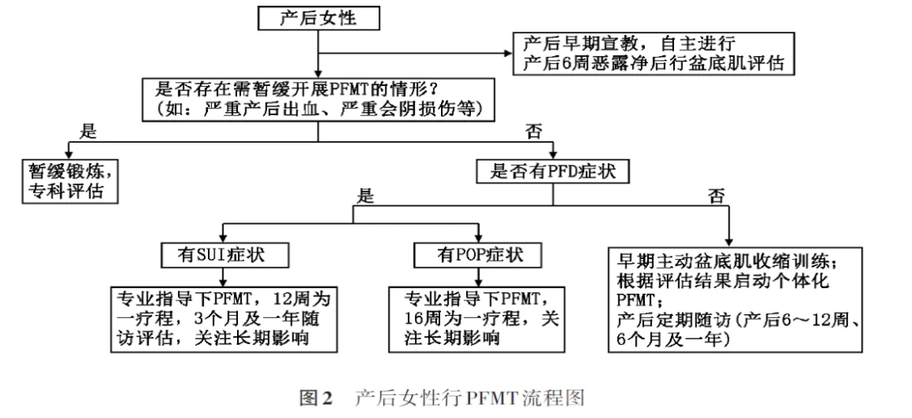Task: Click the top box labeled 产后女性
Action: pos(318,19)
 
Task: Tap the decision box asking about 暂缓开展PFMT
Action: pos(318,99)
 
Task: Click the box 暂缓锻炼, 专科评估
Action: pos(71,181)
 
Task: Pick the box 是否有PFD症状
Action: pos(552,171)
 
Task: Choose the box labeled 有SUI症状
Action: pos(224,255)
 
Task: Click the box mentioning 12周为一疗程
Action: pos(224,319)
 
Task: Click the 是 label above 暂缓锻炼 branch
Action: pos(88,131)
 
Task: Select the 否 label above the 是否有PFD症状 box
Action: pos(533,131)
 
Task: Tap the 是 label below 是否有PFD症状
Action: pos(364,196)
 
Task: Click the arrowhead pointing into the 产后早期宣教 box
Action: pos(508,53)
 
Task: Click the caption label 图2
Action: pos(315,399)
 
